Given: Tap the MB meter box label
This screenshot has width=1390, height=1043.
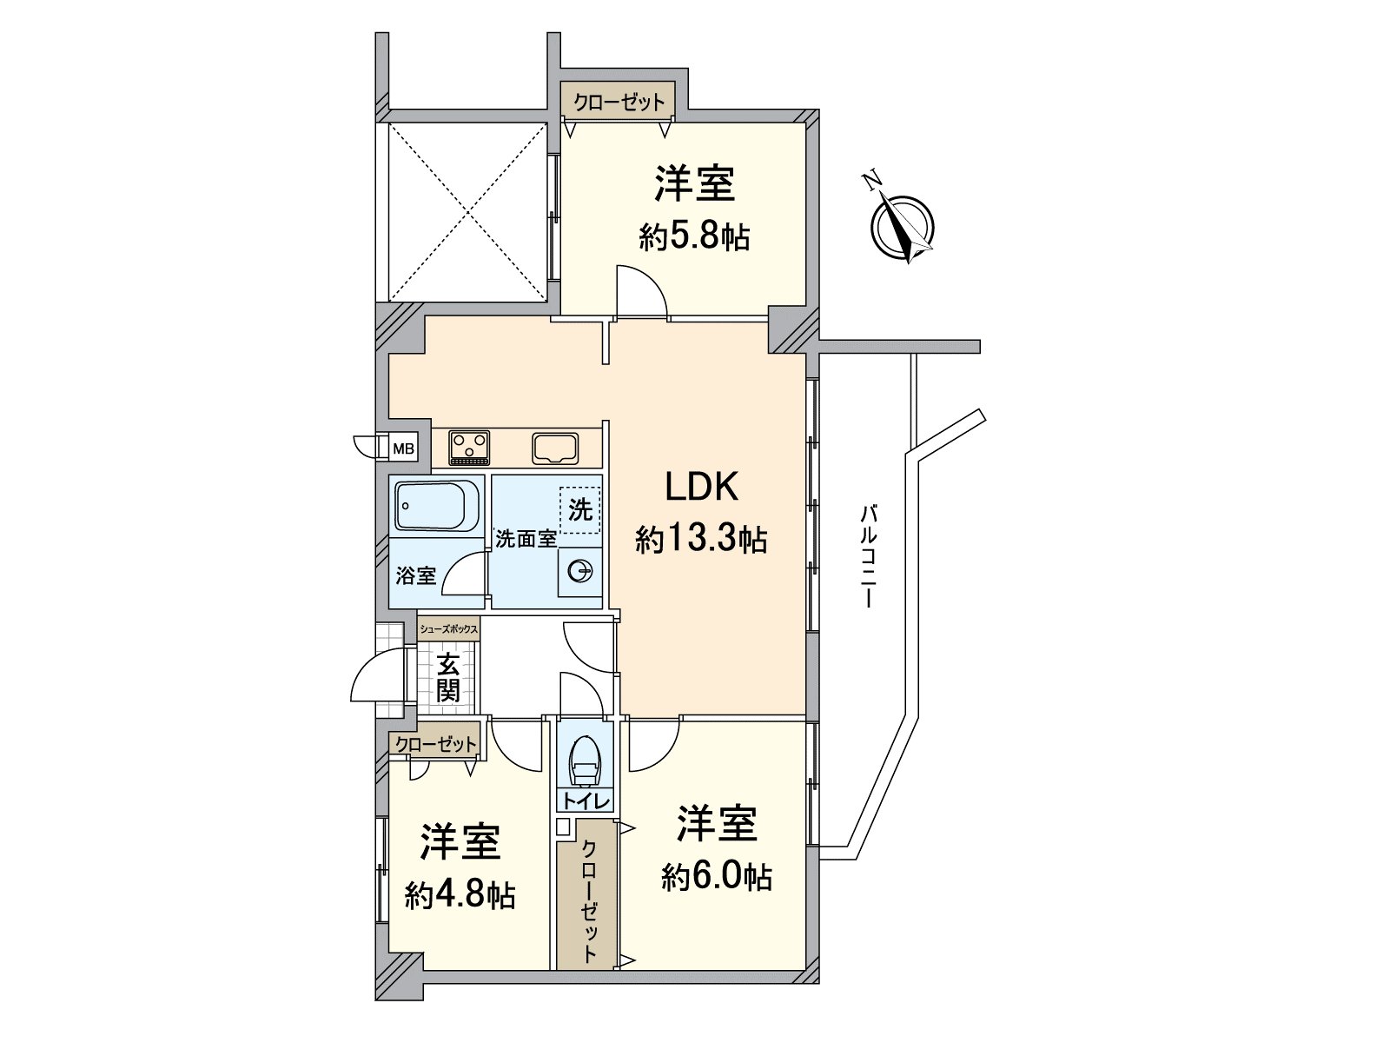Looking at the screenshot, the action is pos(403,449).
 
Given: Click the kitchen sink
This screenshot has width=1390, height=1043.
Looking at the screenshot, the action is pos(555,448).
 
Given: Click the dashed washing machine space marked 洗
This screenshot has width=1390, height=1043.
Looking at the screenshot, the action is pos(579,510).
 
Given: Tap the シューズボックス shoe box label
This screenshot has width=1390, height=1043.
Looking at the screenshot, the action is pos(448,628).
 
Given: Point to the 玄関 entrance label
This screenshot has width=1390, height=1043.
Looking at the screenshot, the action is pos(447,680).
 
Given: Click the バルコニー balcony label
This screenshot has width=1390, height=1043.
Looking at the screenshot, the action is pos(869,556).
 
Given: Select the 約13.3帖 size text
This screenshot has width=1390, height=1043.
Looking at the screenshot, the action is pos(701,540).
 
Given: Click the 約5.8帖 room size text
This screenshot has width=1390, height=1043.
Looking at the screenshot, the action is pos(695,238).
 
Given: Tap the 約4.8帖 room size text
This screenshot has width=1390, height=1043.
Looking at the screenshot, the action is pos(460,895).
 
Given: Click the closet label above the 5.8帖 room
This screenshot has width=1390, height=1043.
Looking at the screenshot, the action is pos(619,102).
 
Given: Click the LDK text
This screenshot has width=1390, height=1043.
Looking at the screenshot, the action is pos(701,488).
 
